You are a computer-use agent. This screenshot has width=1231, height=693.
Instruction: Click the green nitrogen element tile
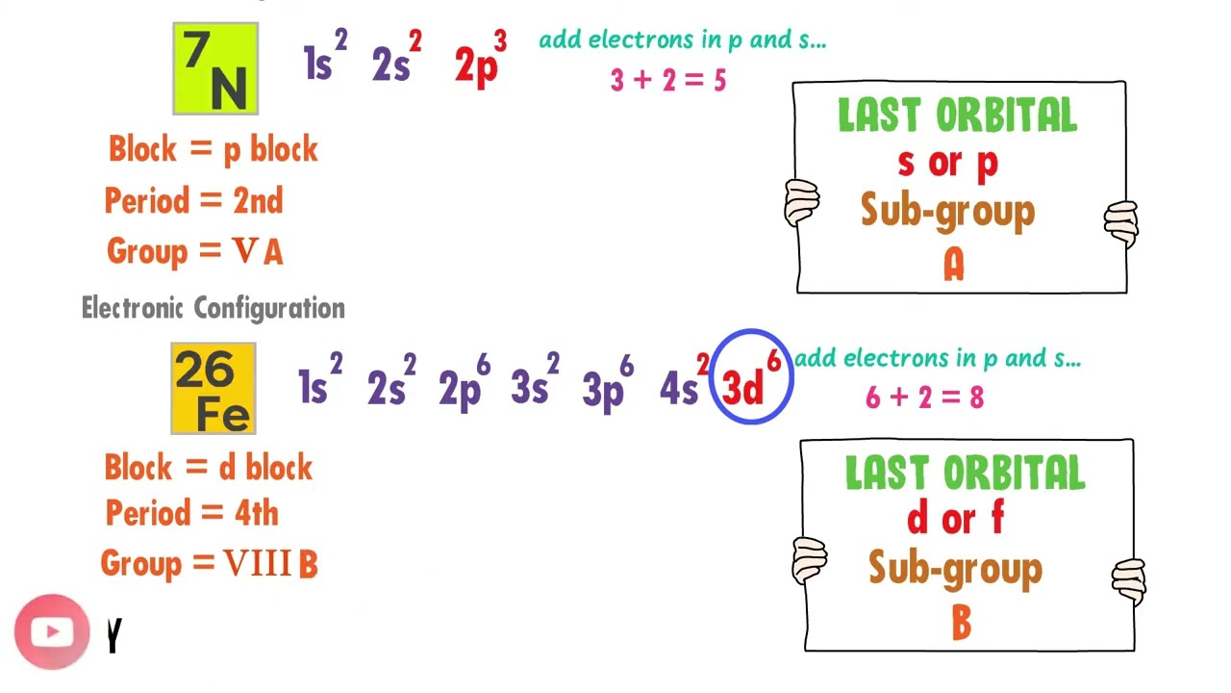(x=215, y=68)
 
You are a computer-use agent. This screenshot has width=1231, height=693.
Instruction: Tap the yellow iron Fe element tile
(x=214, y=388)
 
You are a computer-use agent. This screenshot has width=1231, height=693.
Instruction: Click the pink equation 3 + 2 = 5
(x=668, y=81)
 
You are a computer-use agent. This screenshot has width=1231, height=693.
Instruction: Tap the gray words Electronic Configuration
(x=214, y=308)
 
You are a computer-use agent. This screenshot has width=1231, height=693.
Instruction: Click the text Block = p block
(x=213, y=149)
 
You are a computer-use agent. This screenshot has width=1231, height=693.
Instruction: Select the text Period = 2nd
(x=193, y=201)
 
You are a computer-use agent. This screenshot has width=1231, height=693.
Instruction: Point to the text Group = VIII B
(x=209, y=564)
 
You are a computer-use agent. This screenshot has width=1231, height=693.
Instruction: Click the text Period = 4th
(x=191, y=513)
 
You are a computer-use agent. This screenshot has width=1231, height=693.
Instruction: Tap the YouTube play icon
(x=52, y=631)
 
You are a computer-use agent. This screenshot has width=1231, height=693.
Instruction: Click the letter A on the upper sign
(x=953, y=265)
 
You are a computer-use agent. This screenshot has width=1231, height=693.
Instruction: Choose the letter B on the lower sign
(x=961, y=623)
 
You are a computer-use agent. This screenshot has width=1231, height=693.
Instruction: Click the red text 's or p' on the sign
(x=947, y=164)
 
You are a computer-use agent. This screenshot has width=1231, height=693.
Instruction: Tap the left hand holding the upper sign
(x=801, y=203)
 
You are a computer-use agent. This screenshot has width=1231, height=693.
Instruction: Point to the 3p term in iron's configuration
(x=608, y=385)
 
